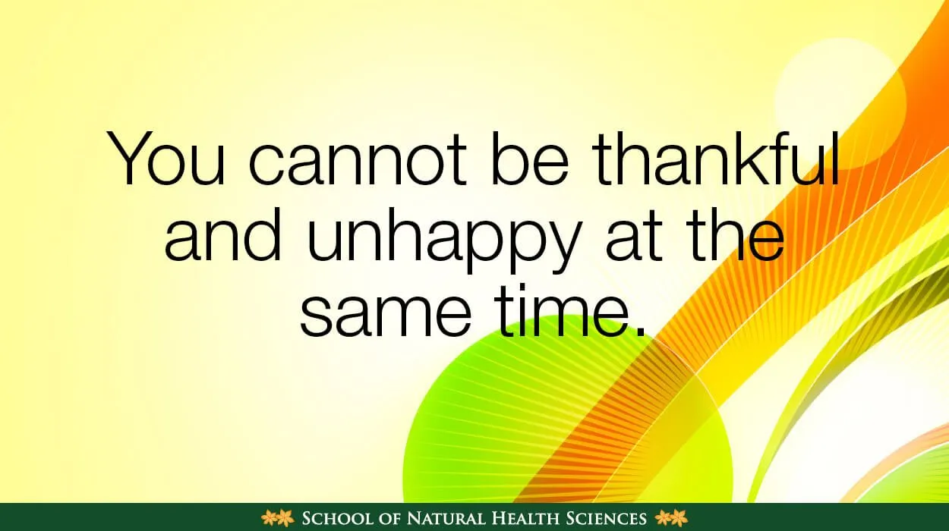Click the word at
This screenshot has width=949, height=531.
634,235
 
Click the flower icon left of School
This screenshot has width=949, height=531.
278,518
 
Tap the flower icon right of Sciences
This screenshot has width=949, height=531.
671,518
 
